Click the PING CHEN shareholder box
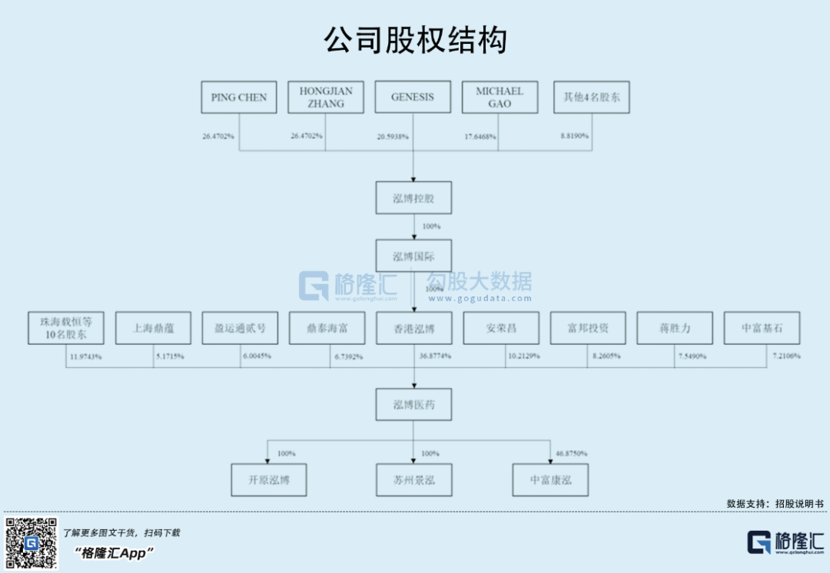point(238,98)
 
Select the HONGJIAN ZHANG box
point(326,98)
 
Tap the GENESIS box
point(413,98)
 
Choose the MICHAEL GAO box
point(500,98)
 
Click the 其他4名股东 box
point(591,98)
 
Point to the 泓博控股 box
point(413,198)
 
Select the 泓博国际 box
point(413,257)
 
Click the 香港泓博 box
point(413,328)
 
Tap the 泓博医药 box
point(413,405)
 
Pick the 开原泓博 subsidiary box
point(268,480)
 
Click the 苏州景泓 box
point(413,480)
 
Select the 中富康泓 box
point(550,480)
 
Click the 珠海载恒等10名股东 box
point(65,328)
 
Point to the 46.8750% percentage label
point(571,454)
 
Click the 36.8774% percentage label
point(435,357)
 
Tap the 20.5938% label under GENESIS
point(393,137)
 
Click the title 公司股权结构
point(415,41)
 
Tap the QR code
point(32,543)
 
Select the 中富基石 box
point(762,328)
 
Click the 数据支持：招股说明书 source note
point(775,504)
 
